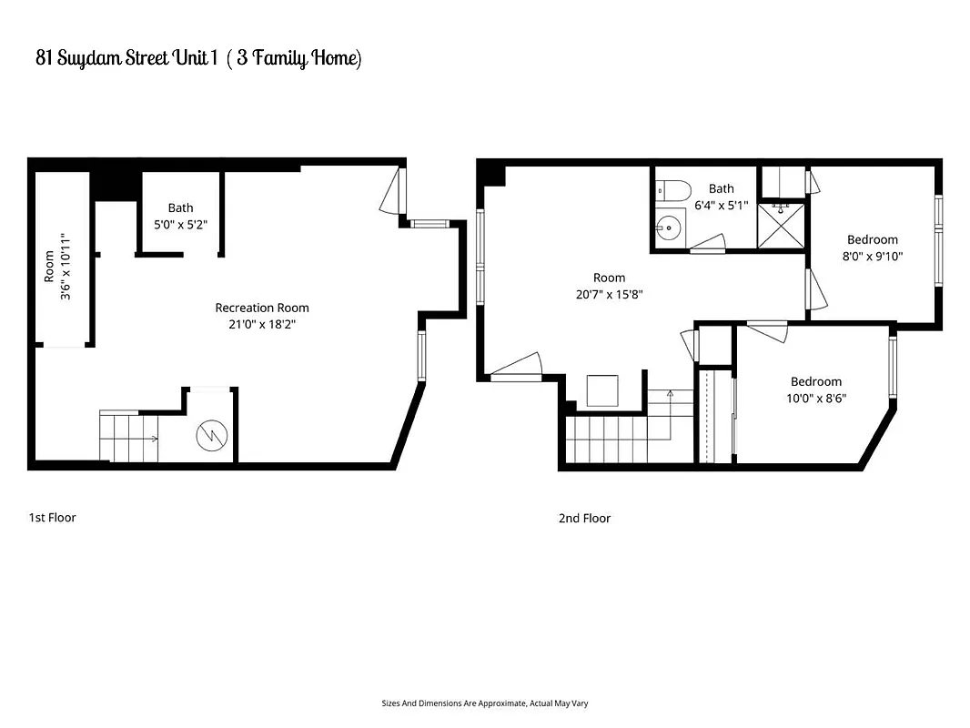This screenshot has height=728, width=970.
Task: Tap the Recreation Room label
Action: coord(262,308)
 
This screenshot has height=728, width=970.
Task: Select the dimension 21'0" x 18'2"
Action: coord(262,324)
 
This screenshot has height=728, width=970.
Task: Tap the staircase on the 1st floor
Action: coord(128,438)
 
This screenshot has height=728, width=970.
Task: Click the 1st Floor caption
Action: coord(52,518)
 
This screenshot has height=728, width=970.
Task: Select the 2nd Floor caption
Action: coord(584,519)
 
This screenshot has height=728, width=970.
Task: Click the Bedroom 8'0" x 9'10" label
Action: coord(872,248)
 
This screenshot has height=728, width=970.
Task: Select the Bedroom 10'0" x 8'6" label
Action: coord(815,389)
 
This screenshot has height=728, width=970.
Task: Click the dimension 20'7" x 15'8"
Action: coord(609,294)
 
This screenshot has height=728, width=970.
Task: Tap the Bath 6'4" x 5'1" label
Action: coord(721,197)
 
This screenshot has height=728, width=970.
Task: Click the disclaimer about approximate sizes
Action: coord(490,703)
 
